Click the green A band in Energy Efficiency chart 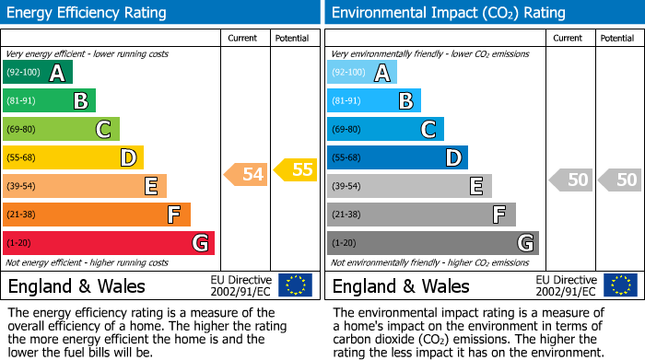pyautogui.click(x=37, y=73)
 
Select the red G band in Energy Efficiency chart pyautogui.click(x=109, y=243)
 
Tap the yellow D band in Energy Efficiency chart pyautogui.click(x=73, y=158)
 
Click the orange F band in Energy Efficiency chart pyautogui.click(x=97, y=215)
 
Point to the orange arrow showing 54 pyautogui.click(x=247, y=173)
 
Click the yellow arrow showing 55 pyautogui.click(x=297, y=169)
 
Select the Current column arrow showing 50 pyautogui.click(x=571, y=180)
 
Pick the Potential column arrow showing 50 pyautogui.click(x=621, y=180)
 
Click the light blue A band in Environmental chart pyautogui.click(x=361, y=73)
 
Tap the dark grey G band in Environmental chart pyautogui.click(x=432, y=243)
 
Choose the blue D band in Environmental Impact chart pyautogui.click(x=397, y=158)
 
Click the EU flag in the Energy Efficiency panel pyautogui.click(x=295, y=285)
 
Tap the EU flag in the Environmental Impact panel pyautogui.click(x=619, y=285)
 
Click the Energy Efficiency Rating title pyautogui.click(x=88, y=13)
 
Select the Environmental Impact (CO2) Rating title pyautogui.click(x=448, y=13)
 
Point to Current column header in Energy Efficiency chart pyautogui.click(x=242, y=38)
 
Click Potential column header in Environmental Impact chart pyautogui.click(x=616, y=38)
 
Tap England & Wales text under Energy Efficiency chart pyautogui.click(x=76, y=285)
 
